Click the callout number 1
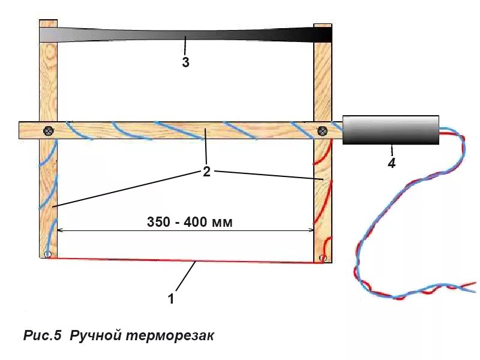click(170, 299)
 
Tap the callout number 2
click(206, 172)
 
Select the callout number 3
click(186, 62)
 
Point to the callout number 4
click(392, 163)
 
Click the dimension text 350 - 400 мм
click(189, 222)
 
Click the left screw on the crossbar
click(48, 130)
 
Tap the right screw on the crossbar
click(322, 130)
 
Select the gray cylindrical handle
click(391, 130)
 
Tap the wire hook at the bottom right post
click(323, 259)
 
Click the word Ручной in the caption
click(97, 335)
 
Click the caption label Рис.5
click(43, 335)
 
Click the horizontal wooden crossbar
click(180, 130)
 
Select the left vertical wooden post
click(48, 192)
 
